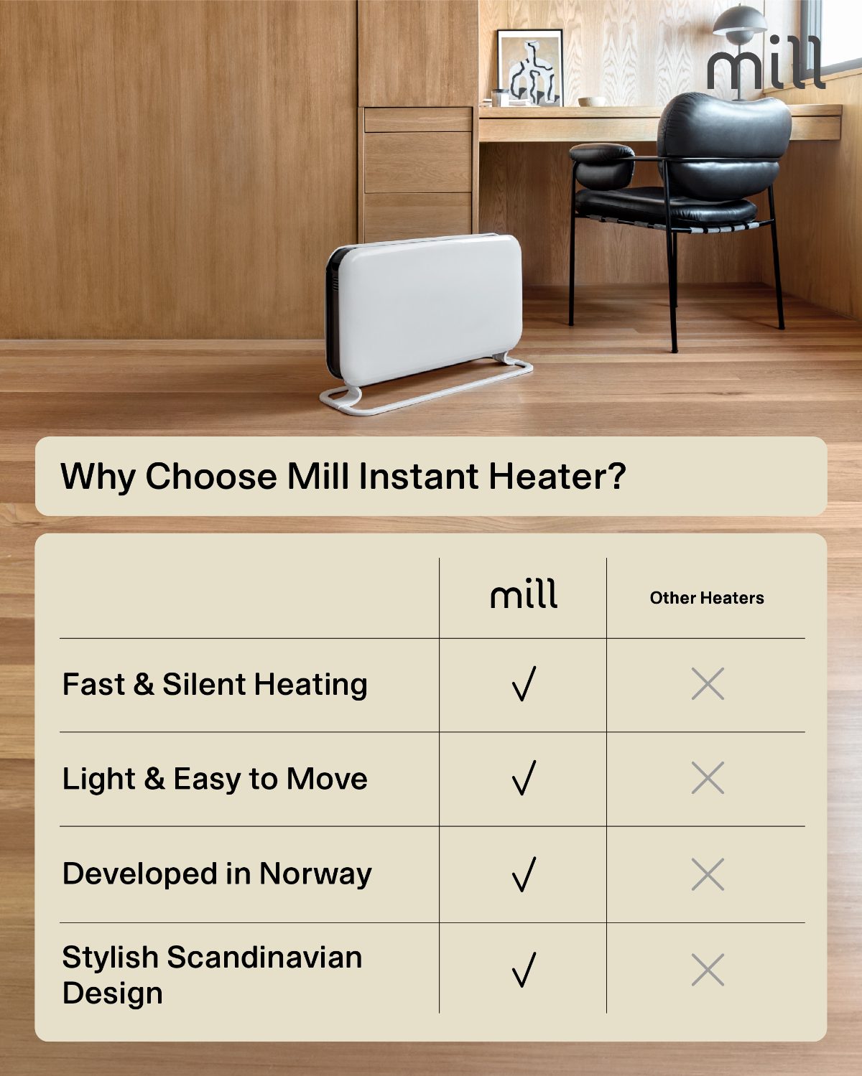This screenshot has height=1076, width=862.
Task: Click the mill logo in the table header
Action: (524, 594)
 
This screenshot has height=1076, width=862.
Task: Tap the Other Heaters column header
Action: (706, 597)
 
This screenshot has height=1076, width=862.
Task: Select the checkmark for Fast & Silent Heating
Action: (524, 683)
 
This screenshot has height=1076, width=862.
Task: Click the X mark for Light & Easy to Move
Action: (708, 777)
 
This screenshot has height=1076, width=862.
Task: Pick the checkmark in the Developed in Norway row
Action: (524, 874)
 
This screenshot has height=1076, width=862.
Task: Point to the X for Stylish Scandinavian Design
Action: (708, 970)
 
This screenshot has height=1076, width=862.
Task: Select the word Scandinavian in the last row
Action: (264, 957)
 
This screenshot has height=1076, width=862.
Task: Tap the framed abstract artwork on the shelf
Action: (530, 67)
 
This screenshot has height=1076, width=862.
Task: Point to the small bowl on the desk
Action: (593, 101)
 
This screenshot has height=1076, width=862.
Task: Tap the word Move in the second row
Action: (327, 779)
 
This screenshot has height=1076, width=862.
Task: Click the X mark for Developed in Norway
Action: (708, 874)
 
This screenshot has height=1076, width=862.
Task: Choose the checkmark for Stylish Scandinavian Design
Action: (524, 970)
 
